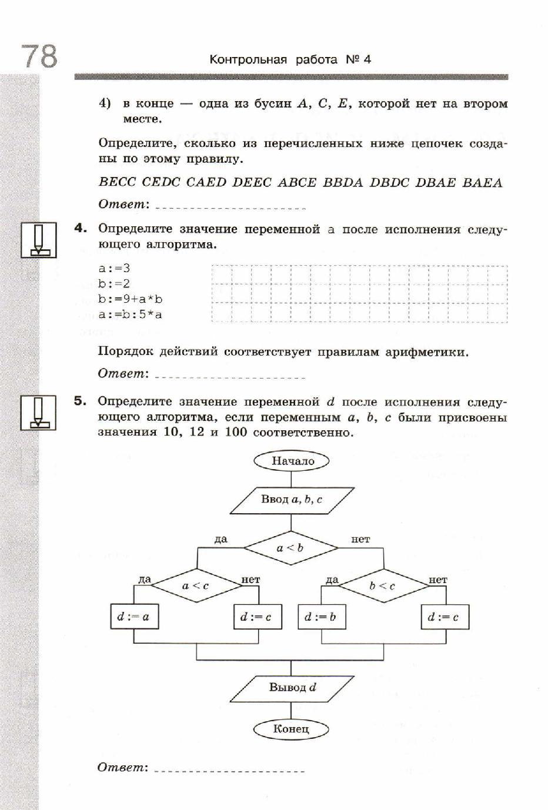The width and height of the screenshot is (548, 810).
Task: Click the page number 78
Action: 39,56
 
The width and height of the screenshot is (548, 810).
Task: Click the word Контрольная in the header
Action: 248,59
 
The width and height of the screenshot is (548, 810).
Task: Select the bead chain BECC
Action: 118,182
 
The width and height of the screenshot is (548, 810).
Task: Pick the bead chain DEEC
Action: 252,182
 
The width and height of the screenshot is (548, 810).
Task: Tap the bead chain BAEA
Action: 482,182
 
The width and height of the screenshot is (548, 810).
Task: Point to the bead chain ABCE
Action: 296,182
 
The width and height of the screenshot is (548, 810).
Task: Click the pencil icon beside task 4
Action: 39,240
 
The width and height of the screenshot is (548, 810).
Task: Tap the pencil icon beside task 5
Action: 39,412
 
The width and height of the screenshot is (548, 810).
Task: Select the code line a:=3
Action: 114,268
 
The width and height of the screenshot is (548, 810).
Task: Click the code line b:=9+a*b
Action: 131,299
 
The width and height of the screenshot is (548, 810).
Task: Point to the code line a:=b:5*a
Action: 131,314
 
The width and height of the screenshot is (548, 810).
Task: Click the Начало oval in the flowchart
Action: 292,461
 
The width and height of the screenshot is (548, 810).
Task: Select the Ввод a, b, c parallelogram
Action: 291,500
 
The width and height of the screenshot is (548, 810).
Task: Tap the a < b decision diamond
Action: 290,548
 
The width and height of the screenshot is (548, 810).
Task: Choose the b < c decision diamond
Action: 383,585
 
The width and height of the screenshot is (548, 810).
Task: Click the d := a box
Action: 133,617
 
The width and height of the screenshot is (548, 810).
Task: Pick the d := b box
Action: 321,617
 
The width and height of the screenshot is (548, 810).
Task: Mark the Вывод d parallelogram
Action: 292,687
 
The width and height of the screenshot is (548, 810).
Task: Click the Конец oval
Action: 291,729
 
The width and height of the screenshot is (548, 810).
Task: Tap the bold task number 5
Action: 81,401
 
